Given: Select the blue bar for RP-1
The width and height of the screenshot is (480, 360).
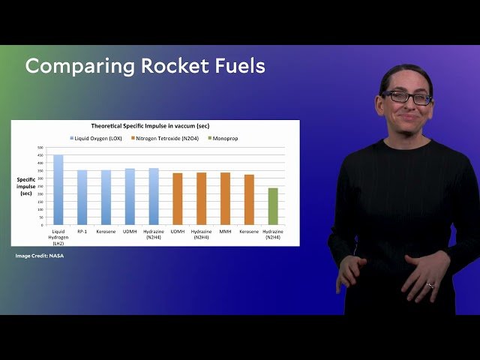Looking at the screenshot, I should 82,197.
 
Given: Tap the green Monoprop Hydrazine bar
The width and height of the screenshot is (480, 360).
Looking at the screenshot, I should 273,206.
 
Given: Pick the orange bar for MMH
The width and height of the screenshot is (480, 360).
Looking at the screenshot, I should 225,199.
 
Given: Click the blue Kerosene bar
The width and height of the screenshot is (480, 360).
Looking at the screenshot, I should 106,197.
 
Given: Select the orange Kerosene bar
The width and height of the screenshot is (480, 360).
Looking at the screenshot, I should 249,199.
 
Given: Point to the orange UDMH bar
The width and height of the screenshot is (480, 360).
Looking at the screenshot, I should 178,199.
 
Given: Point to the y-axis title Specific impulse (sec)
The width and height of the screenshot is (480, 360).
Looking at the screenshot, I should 26,186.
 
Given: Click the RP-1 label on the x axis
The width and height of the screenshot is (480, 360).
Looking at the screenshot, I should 82,231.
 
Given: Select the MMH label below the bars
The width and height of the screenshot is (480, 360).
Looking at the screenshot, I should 225,231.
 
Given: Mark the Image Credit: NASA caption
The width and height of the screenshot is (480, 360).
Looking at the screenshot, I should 40,256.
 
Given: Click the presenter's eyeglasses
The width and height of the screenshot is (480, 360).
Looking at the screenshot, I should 406,97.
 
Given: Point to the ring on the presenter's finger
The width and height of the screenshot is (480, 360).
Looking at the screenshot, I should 430,285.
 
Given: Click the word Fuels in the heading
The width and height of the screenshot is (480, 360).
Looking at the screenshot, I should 238,66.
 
